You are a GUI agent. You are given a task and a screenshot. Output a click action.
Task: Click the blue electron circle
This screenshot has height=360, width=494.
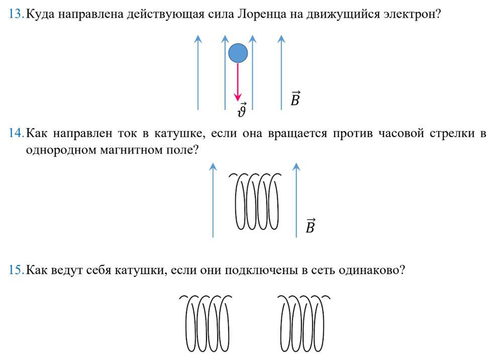tap(238, 53)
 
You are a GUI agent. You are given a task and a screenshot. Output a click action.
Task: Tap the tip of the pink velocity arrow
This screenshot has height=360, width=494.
tap(238, 101)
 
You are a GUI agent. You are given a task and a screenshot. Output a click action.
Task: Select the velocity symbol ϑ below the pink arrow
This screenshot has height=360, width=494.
tap(242, 110)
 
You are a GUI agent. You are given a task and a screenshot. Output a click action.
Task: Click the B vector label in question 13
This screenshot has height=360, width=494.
tap(295, 98)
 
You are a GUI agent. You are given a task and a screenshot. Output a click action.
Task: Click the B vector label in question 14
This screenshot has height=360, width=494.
tap(311, 225)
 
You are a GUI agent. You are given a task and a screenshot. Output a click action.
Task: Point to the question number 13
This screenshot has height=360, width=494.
tap(16, 14)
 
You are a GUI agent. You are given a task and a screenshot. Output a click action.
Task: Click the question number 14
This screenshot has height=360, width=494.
tap(16, 133)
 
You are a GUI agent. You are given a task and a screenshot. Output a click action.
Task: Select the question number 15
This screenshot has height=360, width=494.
tap(16, 270)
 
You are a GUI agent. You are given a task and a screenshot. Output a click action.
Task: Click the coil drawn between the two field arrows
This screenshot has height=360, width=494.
tap(256, 201)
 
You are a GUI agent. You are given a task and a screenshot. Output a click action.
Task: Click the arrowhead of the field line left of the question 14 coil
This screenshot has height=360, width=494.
tap(213, 167)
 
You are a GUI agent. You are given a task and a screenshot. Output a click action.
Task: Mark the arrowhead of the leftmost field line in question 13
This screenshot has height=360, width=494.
tap(198, 39)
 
